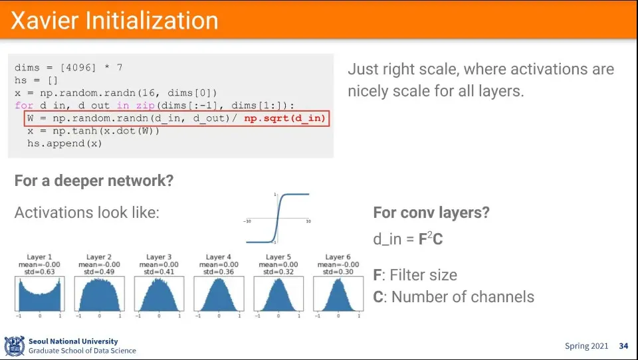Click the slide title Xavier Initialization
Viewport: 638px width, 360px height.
point(114,21)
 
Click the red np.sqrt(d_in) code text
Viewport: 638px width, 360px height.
point(285,118)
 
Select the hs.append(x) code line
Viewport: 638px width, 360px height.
point(64,143)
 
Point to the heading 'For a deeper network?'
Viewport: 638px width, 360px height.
point(94,180)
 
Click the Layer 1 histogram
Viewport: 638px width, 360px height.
point(40,294)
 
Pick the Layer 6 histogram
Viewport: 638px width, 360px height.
point(338,294)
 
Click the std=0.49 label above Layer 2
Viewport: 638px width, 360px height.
point(99,272)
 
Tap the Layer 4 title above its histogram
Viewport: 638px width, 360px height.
point(219,257)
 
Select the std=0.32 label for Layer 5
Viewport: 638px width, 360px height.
point(278,272)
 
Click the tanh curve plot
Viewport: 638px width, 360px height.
point(278,219)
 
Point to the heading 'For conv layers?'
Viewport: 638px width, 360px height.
point(431,213)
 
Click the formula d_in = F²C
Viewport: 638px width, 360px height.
point(407,238)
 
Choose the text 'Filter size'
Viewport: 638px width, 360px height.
point(423,275)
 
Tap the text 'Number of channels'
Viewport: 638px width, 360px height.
point(463,297)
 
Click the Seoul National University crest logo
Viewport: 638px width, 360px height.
point(15,346)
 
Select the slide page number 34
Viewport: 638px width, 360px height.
point(623,346)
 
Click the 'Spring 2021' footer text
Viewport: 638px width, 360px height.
point(586,346)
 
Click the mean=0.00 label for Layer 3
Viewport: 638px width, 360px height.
point(159,264)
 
